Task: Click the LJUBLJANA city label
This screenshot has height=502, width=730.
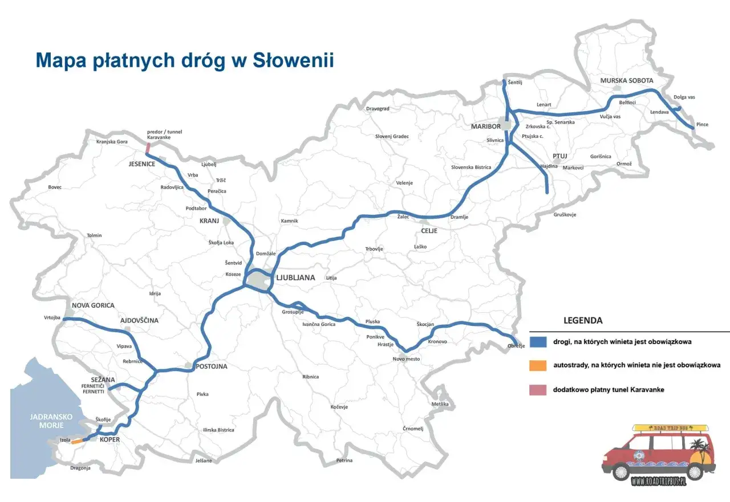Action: pyautogui.click(x=295, y=278)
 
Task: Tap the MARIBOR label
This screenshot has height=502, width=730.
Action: pyautogui.click(x=486, y=126)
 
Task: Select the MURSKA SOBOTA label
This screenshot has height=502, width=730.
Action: pyautogui.click(x=626, y=80)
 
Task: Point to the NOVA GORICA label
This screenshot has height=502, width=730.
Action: pyautogui.click(x=93, y=305)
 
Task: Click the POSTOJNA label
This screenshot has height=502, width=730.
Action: pyautogui.click(x=211, y=366)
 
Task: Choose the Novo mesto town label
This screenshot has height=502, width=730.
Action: pyautogui.click(x=406, y=358)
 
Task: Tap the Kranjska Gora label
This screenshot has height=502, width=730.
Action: pyautogui.click(x=112, y=141)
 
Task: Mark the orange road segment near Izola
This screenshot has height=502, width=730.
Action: pyautogui.click(x=76, y=441)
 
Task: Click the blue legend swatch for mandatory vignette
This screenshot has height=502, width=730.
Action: pyautogui.click(x=538, y=342)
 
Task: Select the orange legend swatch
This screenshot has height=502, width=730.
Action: pyautogui.click(x=538, y=365)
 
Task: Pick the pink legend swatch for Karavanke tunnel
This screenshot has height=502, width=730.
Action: pyautogui.click(x=538, y=390)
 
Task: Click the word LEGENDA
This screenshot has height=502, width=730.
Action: pyautogui.click(x=583, y=320)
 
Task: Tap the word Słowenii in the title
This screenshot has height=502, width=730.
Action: pyautogui.click(x=293, y=60)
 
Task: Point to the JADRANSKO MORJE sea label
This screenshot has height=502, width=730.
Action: pyautogui.click(x=51, y=421)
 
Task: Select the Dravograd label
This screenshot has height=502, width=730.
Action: pyautogui.click(x=378, y=108)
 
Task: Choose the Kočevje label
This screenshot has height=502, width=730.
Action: pyautogui.click(x=339, y=407)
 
